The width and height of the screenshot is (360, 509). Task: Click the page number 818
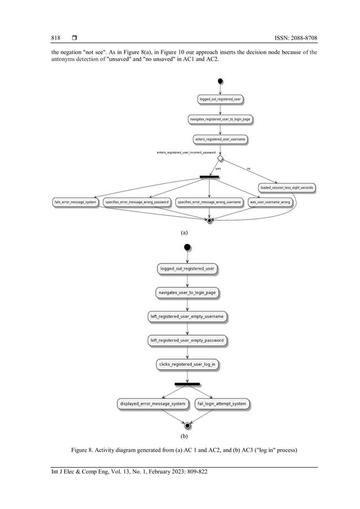click(55, 38)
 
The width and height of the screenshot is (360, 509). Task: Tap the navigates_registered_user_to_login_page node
click(220, 119)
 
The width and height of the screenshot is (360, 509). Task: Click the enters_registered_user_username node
click(220, 139)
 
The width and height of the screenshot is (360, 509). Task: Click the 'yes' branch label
click(218, 168)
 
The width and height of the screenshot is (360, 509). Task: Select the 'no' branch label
click(248, 168)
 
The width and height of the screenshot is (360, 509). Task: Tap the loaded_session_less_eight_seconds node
click(287, 187)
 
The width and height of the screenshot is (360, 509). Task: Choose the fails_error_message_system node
click(76, 201)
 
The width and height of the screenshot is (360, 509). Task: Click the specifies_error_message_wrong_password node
click(137, 201)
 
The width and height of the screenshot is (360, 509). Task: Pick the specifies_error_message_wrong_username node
click(209, 201)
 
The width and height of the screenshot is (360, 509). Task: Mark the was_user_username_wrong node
click(270, 201)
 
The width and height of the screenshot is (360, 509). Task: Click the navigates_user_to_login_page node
click(187, 293)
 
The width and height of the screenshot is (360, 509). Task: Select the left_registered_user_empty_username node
click(187, 317)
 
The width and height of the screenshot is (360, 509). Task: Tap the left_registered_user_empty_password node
click(187, 340)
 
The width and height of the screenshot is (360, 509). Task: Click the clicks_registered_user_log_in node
click(187, 365)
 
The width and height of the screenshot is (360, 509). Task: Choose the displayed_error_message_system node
click(152, 403)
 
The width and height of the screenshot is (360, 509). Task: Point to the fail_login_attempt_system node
click(222, 403)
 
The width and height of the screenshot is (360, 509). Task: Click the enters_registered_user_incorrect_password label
click(186, 153)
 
